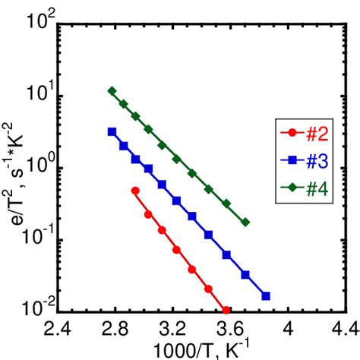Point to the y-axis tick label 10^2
click(36, 23)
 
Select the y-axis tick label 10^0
click(36, 166)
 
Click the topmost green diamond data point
click(112, 91)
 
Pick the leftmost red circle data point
click(135, 191)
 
